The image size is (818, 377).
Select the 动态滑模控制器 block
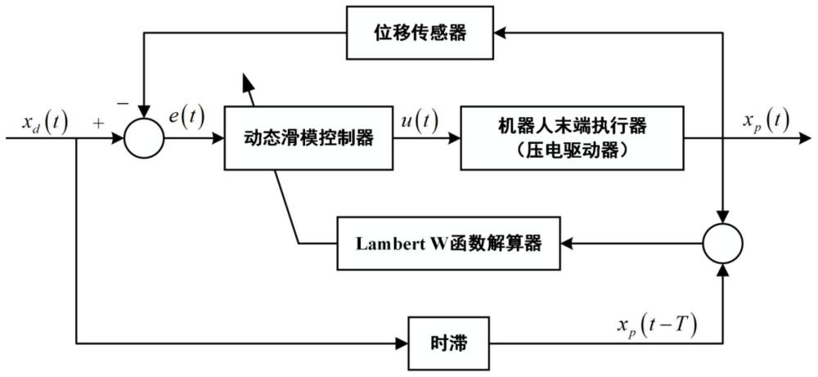308,138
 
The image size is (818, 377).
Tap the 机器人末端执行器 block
572,138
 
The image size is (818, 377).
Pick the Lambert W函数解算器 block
452,243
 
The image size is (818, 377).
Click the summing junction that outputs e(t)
144,138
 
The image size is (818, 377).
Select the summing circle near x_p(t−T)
722,243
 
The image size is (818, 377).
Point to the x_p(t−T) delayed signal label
658,324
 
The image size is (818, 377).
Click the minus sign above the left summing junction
123,103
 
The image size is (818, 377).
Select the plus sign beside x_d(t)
100,124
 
